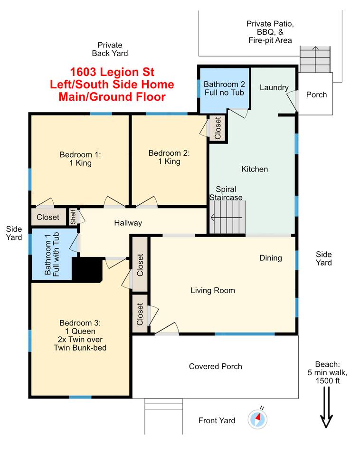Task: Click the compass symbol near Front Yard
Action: point(257,419)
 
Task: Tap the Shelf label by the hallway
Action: point(73,217)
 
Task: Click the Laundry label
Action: point(274,87)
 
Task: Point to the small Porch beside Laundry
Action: point(316,94)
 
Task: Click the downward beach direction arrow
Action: point(326,407)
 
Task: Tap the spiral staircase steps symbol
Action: point(227,217)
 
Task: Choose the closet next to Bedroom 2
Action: point(218,128)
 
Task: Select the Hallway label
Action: point(128,223)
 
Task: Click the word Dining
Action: point(270,258)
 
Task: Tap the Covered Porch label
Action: point(216,366)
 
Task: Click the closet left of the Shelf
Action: point(48,217)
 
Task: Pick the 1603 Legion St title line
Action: point(112,72)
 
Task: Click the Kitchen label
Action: point(255,169)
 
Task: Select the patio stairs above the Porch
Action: point(315,59)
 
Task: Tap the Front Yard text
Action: point(217,420)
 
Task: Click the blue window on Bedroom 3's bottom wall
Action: point(80,397)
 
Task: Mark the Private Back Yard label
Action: point(110,49)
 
